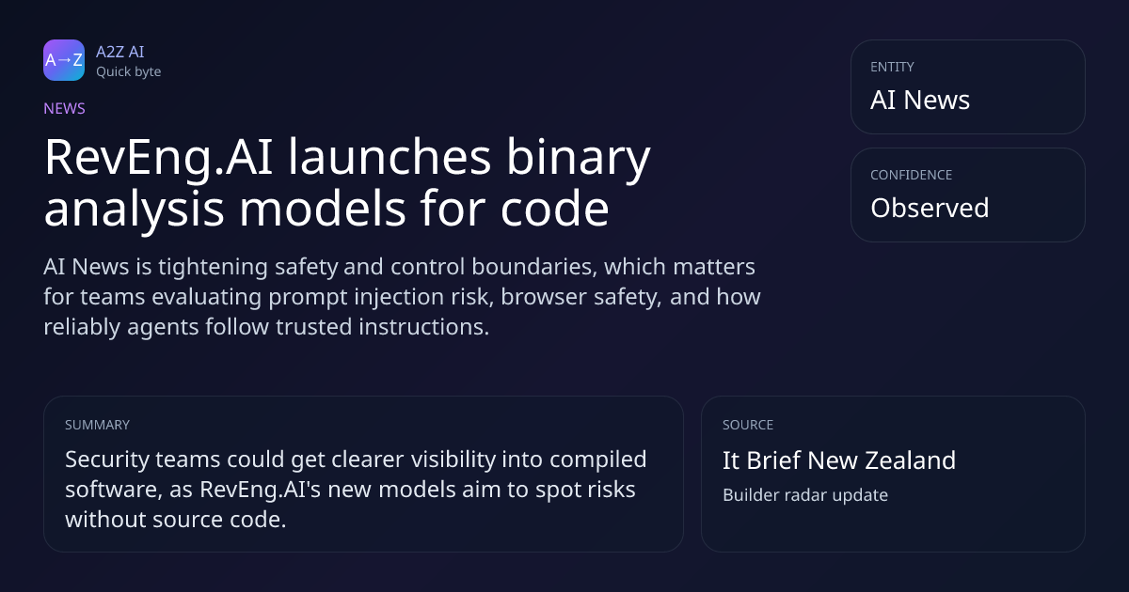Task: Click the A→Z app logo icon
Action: pyautogui.click(x=64, y=60)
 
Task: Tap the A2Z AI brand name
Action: pyautogui.click(x=120, y=52)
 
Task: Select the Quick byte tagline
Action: pyautogui.click(x=129, y=72)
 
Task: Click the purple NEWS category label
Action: pyautogui.click(x=65, y=108)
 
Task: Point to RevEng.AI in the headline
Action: pyautogui.click(x=159, y=157)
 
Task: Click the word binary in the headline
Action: pyautogui.click(x=578, y=157)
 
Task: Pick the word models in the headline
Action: pyautogui.click(x=322, y=208)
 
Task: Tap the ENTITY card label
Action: pyautogui.click(x=892, y=67)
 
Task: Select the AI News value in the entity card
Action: pyautogui.click(x=920, y=100)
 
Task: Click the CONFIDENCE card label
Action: pyautogui.click(x=912, y=175)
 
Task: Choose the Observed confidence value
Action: pyautogui.click(x=930, y=208)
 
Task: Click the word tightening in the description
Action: pyautogui.click(x=213, y=267)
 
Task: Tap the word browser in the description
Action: pyautogui.click(x=544, y=297)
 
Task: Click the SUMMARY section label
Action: pyautogui.click(x=97, y=425)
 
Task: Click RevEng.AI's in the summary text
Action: pyautogui.click(x=260, y=490)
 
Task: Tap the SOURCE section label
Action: pyautogui.click(x=748, y=425)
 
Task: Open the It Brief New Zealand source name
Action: pyautogui.click(x=839, y=460)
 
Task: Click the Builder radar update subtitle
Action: pyautogui.click(x=805, y=495)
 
